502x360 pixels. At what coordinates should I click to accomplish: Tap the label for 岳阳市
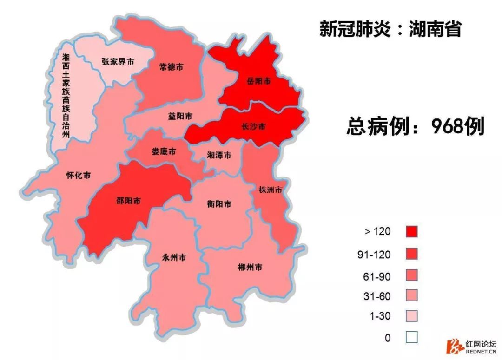[x=258, y=81]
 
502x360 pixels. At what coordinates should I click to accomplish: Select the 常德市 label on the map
[x=171, y=67]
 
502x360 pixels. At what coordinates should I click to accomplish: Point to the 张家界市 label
[x=118, y=61]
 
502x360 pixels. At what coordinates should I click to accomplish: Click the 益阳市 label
[x=180, y=116]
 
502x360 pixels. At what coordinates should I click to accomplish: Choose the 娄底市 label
[x=164, y=151]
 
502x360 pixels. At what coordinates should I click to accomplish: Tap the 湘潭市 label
[x=219, y=155]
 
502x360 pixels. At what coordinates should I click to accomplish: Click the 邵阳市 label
[x=128, y=201]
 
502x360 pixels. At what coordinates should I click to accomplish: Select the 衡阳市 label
[x=219, y=203]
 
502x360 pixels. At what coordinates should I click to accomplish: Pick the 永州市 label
[x=174, y=257]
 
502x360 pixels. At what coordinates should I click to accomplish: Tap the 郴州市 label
[x=250, y=268]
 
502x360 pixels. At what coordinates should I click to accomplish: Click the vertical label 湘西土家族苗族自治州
[x=66, y=96]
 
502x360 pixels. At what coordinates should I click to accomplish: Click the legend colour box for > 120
[x=411, y=231]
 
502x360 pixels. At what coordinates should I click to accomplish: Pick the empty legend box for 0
[x=411, y=337]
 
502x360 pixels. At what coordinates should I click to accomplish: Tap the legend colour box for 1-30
[x=411, y=316]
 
